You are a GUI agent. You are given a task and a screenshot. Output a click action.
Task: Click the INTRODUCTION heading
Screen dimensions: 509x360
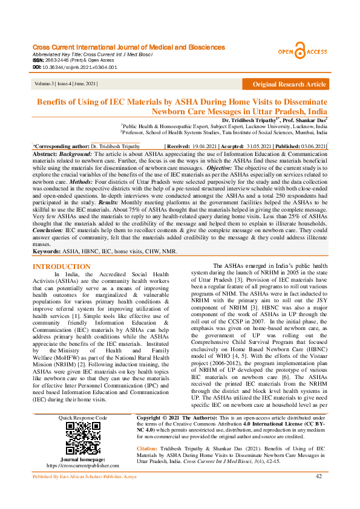click(x=62, y=267)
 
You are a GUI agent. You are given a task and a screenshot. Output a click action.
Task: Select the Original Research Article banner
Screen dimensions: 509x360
click(x=289, y=84)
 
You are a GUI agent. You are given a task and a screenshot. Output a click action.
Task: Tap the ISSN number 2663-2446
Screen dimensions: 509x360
click(x=57, y=60)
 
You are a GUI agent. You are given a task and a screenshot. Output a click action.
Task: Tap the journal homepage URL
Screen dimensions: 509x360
click(x=83, y=465)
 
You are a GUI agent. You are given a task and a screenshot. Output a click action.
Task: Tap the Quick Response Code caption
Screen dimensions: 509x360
click(x=83, y=418)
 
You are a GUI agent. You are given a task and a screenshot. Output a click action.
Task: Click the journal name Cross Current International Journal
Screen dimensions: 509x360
click(x=128, y=47)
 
